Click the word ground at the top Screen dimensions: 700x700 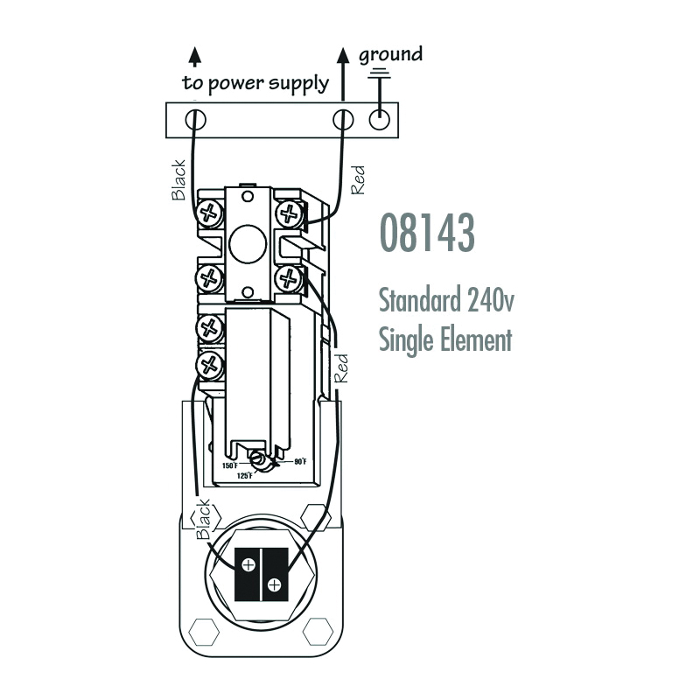390,55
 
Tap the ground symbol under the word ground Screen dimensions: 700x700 380,74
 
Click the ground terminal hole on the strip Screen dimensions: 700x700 380,120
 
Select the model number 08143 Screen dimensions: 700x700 427,233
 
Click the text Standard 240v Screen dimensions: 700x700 446,299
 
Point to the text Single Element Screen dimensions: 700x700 445,339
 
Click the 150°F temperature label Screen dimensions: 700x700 230,465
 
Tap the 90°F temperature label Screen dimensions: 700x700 300,462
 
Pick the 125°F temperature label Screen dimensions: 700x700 245,476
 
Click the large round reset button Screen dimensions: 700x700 248,244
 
